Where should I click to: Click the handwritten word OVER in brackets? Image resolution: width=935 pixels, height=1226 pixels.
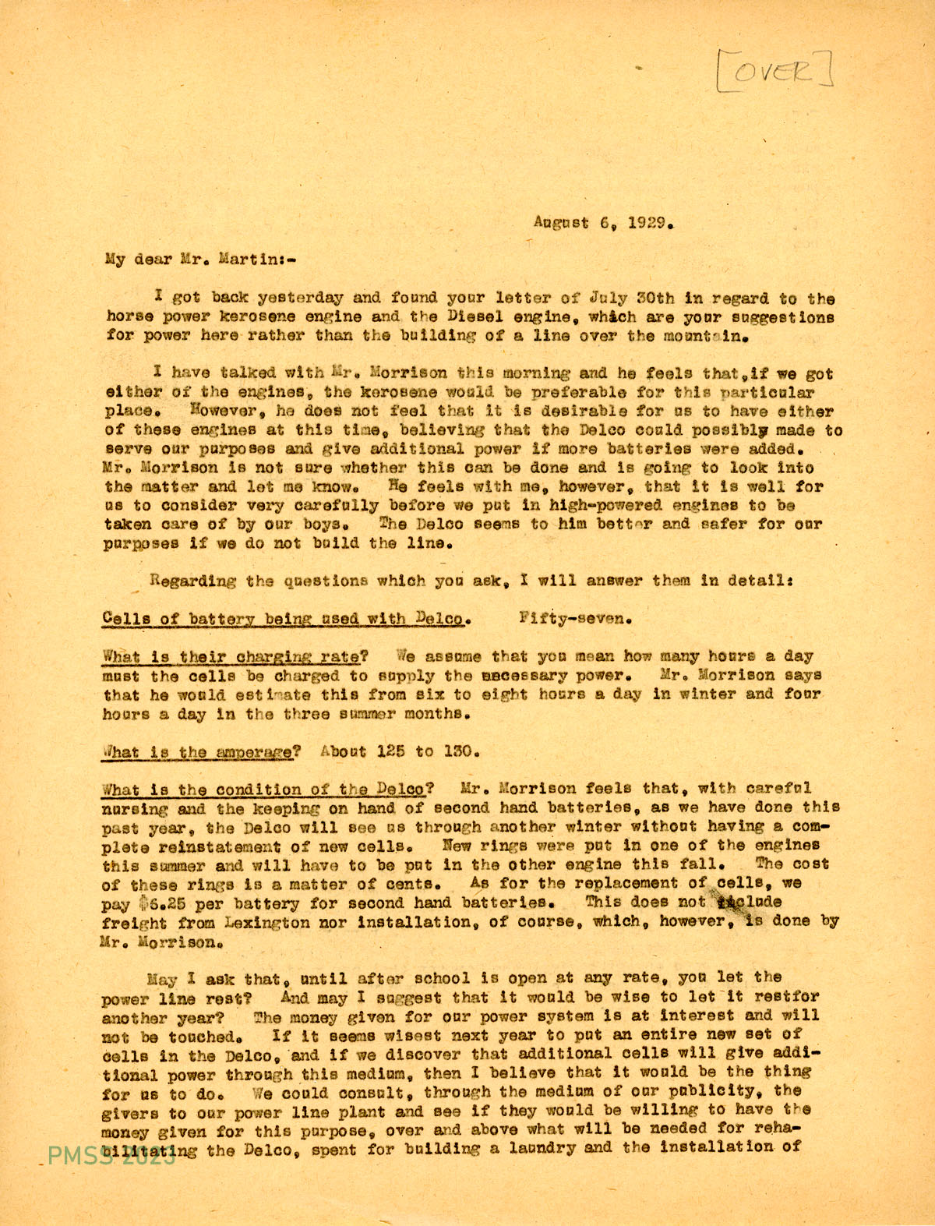[774, 71]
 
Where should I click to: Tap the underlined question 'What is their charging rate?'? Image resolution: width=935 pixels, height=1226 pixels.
[230, 656]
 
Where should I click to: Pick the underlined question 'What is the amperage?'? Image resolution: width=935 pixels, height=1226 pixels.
[202, 752]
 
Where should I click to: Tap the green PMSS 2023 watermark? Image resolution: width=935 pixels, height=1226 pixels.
[111, 1156]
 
